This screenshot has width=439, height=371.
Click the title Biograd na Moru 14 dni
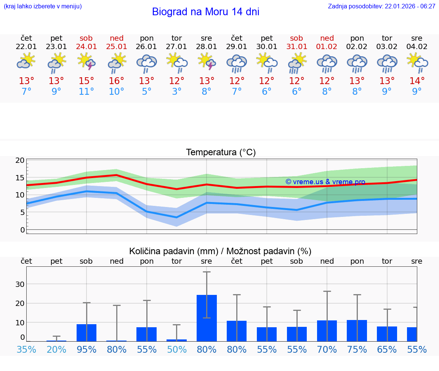click(205, 12)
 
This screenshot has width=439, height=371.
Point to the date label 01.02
click(327, 47)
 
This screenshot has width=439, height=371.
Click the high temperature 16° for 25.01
click(116, 81)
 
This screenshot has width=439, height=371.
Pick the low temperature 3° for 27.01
click(176, 92)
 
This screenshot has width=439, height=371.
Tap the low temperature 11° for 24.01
click(86, 92)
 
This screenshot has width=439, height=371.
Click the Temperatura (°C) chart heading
click(221, 153)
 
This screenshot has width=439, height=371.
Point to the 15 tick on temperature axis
click(20, 178)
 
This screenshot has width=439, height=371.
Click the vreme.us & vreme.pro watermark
click(325, 182)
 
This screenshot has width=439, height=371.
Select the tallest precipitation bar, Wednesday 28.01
click(207, 318)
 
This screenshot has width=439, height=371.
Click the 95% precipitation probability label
click(87, 349)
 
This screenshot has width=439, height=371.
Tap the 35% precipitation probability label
click(26, 349)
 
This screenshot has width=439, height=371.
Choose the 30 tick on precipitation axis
click(20, 284)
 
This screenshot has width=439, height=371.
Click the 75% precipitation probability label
click(357, 349)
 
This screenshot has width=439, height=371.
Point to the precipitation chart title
click(220, 251)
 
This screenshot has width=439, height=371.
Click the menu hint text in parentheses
click(43, 6)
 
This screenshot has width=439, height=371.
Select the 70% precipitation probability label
click(327, 349)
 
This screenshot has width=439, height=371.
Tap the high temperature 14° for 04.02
click(417, 81)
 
